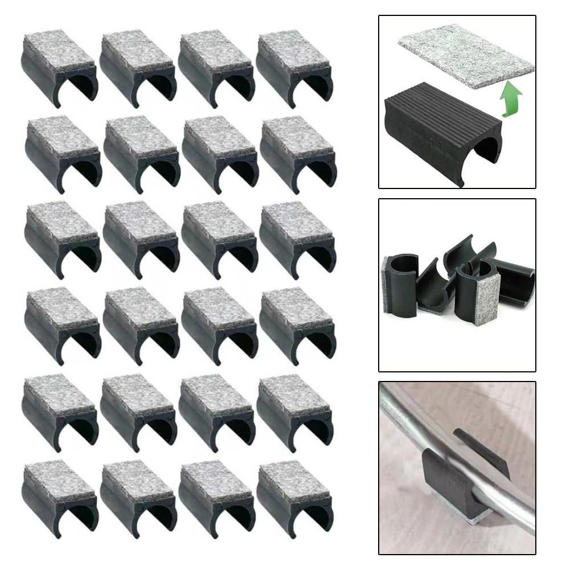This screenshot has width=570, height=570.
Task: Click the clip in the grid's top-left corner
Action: point(59,68)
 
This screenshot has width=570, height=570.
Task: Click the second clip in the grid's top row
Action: point(137,68)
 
